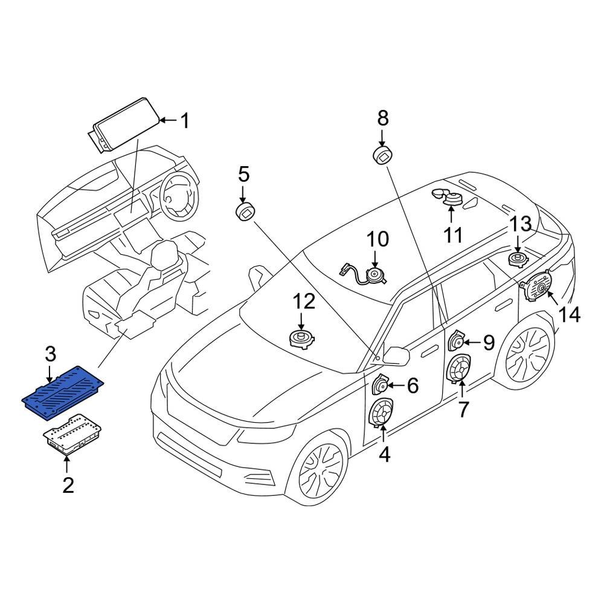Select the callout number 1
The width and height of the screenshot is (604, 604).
click(185, 121)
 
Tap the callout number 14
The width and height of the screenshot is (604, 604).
click(569, 314)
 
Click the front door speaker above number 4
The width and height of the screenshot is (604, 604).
click(382, 413)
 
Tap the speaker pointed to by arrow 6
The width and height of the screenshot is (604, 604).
click(381, 384)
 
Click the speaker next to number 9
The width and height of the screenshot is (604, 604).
click(456, 342)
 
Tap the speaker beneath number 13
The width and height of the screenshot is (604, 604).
click(518, 260)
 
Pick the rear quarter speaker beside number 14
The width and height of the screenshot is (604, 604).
click(537, 286)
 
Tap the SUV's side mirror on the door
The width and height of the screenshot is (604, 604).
click(396, 355)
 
